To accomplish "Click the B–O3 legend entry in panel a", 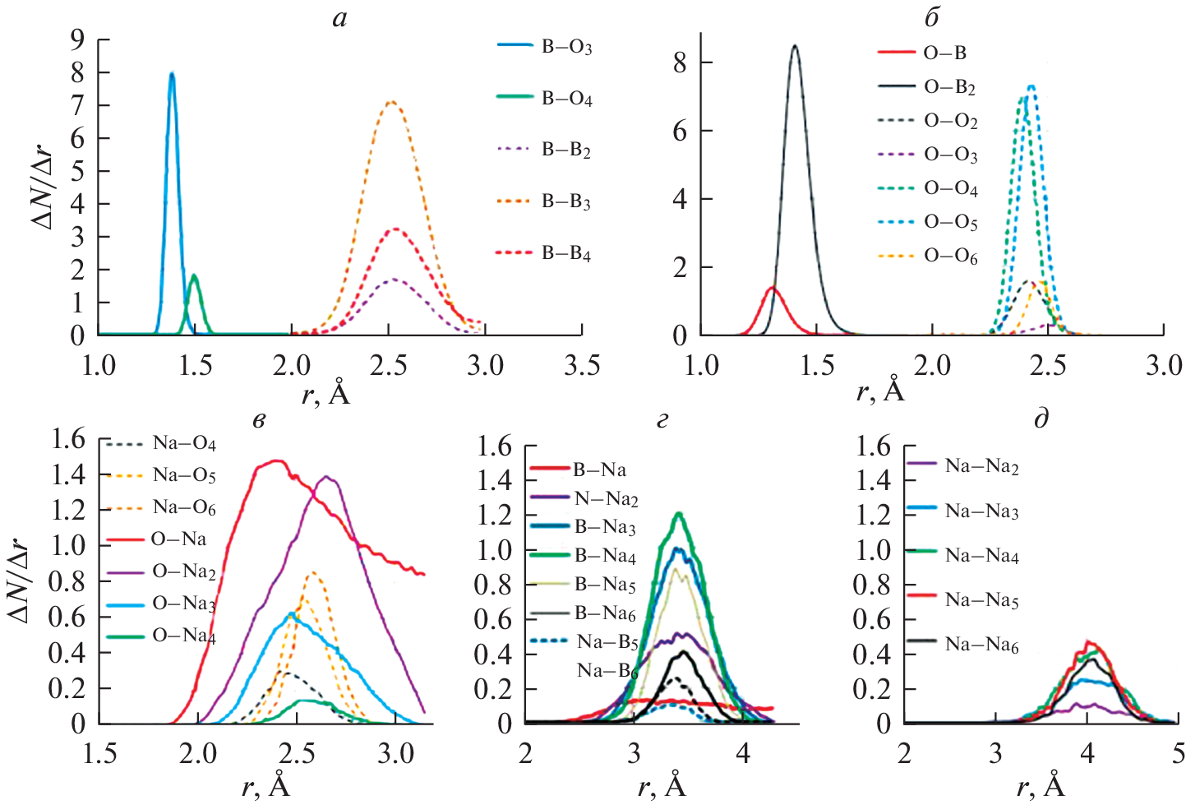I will coord(565,47).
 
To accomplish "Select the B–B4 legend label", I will coord(565,254).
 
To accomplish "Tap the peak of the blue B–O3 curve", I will coord(172,74).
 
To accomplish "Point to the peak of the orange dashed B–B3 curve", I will coord(391,103).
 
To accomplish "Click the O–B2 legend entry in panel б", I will coord(949,87).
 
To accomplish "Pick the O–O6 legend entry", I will coord(950,257).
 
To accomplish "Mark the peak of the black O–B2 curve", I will coord(795,46).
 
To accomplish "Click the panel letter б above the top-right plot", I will coord(931,17).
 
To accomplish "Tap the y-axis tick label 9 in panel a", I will coord(77,39).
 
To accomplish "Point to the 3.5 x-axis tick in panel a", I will coord(581,365).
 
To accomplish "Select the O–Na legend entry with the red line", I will coord(178,539).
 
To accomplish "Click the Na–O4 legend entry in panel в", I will coord(183,443).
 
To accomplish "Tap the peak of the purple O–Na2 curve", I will coord(328,477).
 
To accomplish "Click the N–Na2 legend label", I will coord(606,498).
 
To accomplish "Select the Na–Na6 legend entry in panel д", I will coord(981,645).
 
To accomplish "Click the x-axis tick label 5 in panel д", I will coord(1178,753).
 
